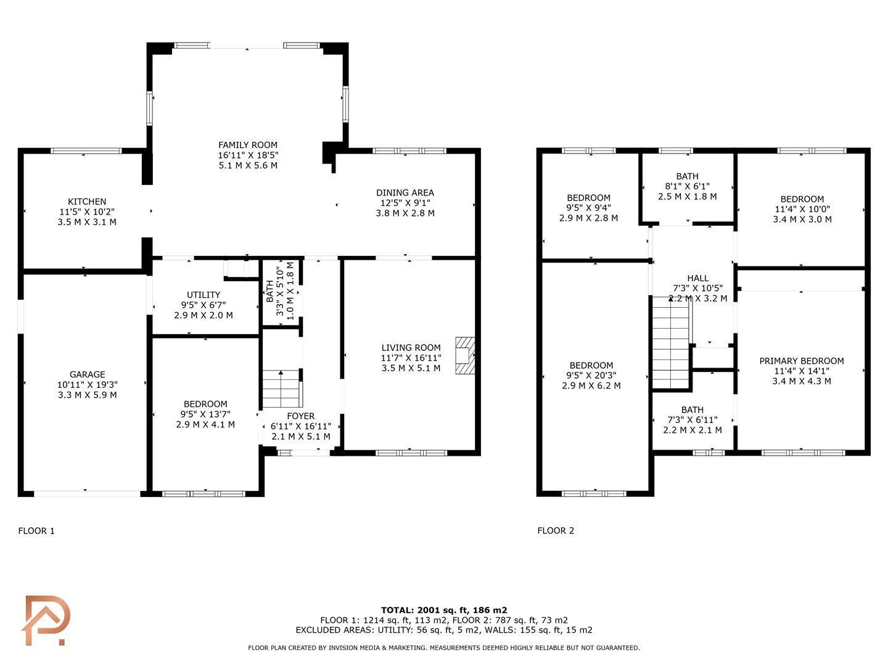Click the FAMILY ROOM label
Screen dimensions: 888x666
(248, 145)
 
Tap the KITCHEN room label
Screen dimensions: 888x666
(87, 202)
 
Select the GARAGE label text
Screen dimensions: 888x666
(88, 374)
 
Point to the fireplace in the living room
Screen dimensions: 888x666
(465, 355)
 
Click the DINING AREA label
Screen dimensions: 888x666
(405, 193)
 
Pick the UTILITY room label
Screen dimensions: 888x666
(203, 295)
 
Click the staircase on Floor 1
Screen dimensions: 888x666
(282, 389)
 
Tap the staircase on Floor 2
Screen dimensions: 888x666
(670, 342)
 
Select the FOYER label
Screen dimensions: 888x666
(301, 416)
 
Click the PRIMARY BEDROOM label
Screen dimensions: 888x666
(802, 361)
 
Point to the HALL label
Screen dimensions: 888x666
(698, 278)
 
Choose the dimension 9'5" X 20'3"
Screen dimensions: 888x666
(591, 376)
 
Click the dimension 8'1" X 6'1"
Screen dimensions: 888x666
(688, 186)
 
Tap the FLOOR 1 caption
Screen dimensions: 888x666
(36, 531)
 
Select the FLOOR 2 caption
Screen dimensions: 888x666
(556, 530)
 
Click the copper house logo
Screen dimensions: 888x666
(46, 620)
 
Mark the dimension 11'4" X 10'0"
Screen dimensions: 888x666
(802, 209)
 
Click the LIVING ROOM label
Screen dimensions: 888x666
(411, 348)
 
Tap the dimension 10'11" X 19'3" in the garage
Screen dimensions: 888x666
(88, 385)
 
